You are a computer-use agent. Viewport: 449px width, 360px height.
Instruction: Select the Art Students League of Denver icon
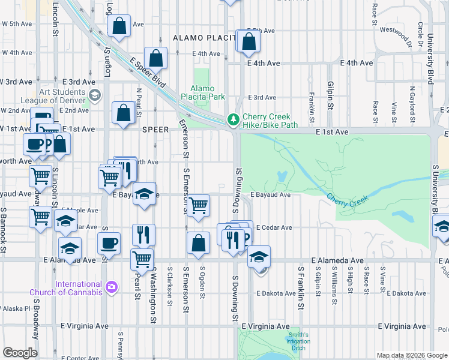[94, 95]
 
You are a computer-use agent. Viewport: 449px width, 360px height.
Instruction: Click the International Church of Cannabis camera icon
[111, 287]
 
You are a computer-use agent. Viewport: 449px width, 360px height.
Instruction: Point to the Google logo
[20, 353]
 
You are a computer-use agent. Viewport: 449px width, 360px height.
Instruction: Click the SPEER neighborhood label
[155, 129]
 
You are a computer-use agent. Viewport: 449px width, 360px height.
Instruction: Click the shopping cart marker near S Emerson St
[198, 206]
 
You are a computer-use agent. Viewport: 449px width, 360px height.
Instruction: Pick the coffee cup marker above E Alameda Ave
[109, 243]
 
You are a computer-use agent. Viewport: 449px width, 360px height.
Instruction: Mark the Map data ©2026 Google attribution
[412, 355]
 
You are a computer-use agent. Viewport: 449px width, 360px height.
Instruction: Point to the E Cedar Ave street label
[274, 227]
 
